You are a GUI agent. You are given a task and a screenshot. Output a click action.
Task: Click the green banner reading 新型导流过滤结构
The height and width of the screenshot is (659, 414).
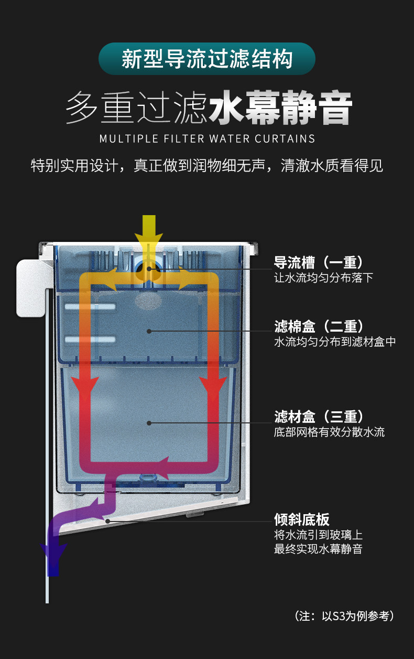click(x=206, y=59)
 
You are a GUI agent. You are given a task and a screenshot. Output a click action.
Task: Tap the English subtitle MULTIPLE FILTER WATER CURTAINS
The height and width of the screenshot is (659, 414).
click(x=207, y=139)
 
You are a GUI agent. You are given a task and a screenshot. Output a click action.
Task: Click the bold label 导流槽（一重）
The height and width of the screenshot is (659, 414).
click(x=319, y=262)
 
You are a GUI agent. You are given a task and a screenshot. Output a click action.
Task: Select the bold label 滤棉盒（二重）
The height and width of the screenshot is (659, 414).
click(x=319, y=326)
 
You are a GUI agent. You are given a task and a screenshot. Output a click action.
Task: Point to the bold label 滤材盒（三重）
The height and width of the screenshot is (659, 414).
click(x=319, y=417)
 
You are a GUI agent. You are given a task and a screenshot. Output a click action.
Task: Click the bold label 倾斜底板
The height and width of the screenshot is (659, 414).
click(x=302, y=519)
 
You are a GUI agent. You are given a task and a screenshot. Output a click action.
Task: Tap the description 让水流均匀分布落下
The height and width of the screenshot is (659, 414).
click(x=323, y=278)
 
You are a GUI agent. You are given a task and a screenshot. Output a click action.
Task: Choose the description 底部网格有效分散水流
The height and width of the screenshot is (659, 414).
click(x=329, y=432)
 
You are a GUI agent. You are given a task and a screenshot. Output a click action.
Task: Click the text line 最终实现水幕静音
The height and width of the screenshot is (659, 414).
click(x=318, y=549)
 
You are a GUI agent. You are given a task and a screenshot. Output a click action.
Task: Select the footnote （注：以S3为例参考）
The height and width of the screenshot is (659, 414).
click(x=344, y=616)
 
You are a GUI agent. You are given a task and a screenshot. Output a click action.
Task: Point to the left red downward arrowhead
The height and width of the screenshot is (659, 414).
click(x=85, y=388)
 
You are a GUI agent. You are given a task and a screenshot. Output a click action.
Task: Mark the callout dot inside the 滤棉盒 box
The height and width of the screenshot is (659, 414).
click(x=149, y=331)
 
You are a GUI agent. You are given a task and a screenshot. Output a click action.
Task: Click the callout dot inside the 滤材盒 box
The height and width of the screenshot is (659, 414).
click(x=149, y=422)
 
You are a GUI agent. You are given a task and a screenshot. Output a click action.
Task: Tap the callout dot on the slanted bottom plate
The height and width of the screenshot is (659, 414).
click(x=107, y=521)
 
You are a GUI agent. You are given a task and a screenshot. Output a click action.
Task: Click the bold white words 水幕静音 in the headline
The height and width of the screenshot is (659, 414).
click(x=280, y=109)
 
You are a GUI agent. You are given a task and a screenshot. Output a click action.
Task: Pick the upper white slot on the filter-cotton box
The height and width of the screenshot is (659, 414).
click(x=90, y=306)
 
